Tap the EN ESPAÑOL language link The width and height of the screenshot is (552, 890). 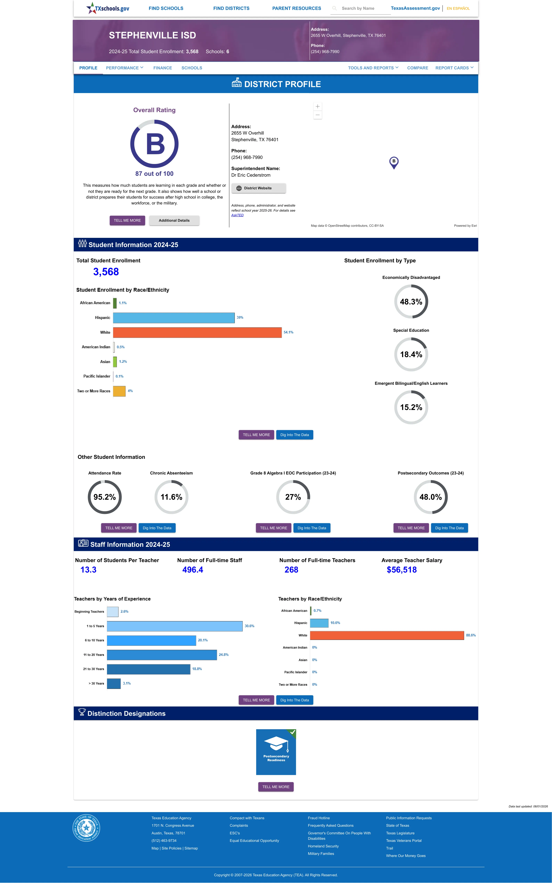tap(458, 8)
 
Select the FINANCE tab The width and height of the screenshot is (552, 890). tap(162, 68)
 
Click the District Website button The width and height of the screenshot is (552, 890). tap(259, 188)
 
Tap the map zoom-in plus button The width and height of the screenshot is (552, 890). tap(318, 106)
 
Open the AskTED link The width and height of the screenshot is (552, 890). tap(237, 215)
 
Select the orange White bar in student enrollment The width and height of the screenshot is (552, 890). tap(197, 332)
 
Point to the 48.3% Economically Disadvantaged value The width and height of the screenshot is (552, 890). tap(411, 302)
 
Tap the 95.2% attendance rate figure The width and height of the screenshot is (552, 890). tap(104, 497)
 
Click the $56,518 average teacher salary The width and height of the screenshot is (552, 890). tap(402, 570)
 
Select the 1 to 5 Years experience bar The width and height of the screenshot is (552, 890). tap(174, 626)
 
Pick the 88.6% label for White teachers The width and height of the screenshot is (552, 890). tap(471, 635)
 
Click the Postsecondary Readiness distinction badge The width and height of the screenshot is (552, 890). tap(276, 752)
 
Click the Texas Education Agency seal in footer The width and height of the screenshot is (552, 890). tap(86, 828)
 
